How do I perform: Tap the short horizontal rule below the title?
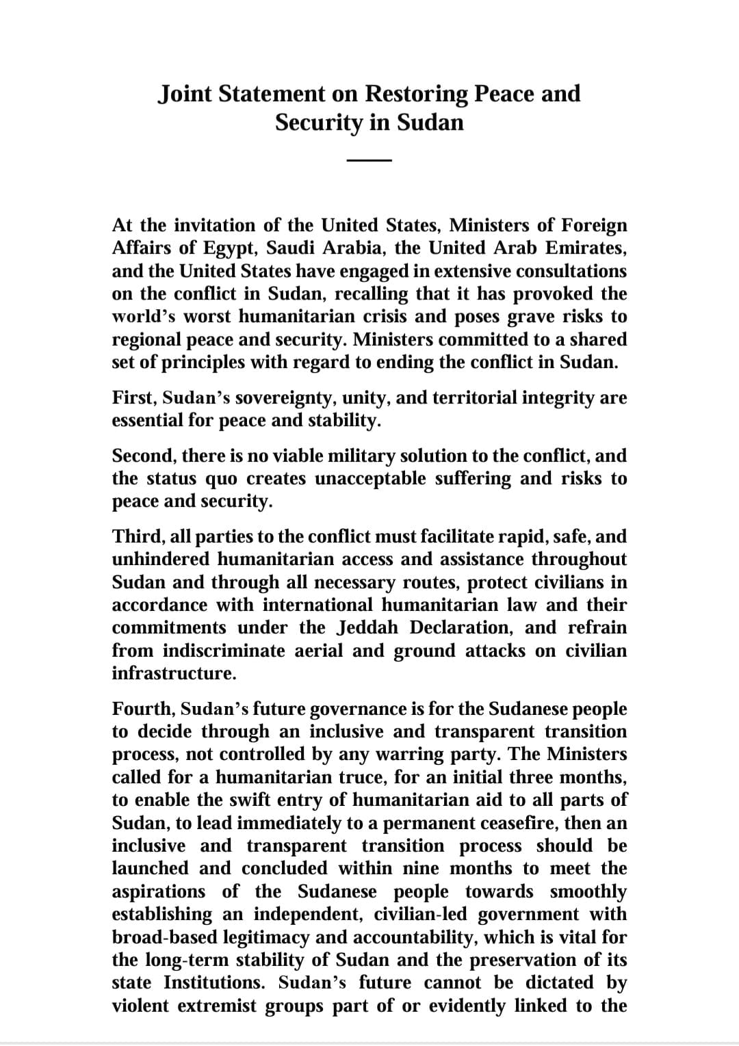tap(369, 161)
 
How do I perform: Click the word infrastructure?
tap(174, 673)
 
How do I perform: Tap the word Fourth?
tap(142, 709)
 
